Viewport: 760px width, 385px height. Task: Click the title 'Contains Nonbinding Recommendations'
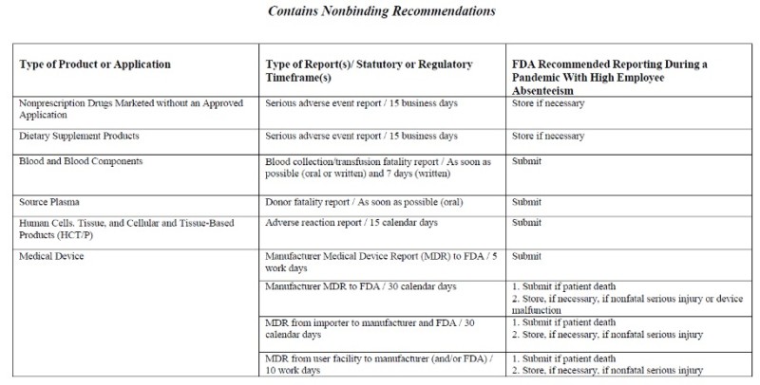[x=380, y=13]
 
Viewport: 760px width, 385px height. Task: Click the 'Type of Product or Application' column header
[x=95, y=64]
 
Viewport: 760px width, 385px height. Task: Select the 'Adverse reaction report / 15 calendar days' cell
[x=351, y=223]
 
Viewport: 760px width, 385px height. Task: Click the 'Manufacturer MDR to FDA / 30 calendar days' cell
[x=361, y=285]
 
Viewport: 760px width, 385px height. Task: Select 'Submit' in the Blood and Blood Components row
[x=526, y=161]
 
